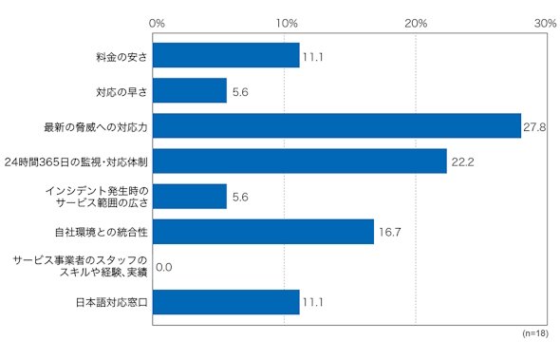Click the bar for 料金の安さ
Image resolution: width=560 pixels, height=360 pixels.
[226, 55]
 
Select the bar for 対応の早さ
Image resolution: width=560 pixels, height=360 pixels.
[190, 90]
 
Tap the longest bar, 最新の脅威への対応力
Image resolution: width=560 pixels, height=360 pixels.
[337, 125]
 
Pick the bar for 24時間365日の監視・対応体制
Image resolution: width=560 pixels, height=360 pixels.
[300, 161]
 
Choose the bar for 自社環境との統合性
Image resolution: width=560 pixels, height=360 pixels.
[263, 232]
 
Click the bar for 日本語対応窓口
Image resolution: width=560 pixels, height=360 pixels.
[226, 302]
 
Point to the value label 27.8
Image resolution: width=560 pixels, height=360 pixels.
[534, 127]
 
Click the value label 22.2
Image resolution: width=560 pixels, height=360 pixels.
[463, 162]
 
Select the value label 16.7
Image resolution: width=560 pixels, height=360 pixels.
[390, 233]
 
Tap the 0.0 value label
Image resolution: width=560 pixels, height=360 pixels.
[164, 268]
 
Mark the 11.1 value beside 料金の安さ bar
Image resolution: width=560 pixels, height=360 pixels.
[313, 57]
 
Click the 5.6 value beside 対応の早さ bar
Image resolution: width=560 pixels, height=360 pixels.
[240, 92]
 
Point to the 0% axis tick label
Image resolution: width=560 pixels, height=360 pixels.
[157, 24]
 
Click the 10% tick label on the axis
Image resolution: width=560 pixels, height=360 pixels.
[287, 24]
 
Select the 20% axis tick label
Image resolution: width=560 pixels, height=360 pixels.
[416, 24]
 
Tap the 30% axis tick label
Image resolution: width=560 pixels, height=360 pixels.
[546, 24]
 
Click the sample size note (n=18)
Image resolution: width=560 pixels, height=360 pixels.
[535, 333]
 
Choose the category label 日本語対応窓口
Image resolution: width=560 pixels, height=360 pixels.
[112, 303]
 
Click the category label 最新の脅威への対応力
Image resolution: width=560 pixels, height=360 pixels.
[96, 127]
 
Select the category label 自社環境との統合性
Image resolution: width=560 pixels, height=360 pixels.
[102, 233]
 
